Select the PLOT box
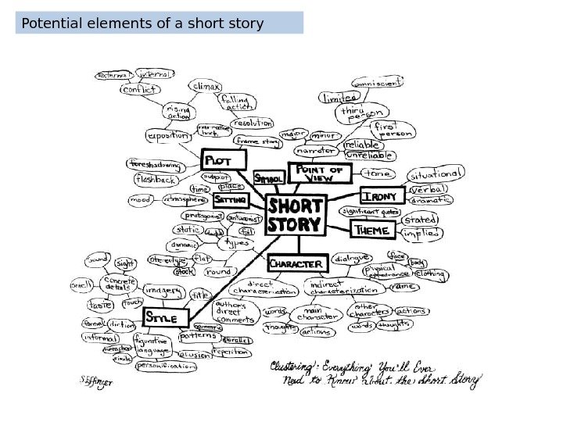pyautogui.click(x=224, y=161)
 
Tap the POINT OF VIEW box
pyautogui.click(x=318, y=173)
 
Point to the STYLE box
pyautogui.click(x=167, y=318)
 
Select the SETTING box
pyautogui.click(x=231, y=201)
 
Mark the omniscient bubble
pyautogui.click(x=379, y=81)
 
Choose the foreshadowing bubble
pyautogui.click(x=156, y=165)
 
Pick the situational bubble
pyautogui.click(x=436, y=173)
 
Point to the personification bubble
pyautogui.click(x=167, y=366)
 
